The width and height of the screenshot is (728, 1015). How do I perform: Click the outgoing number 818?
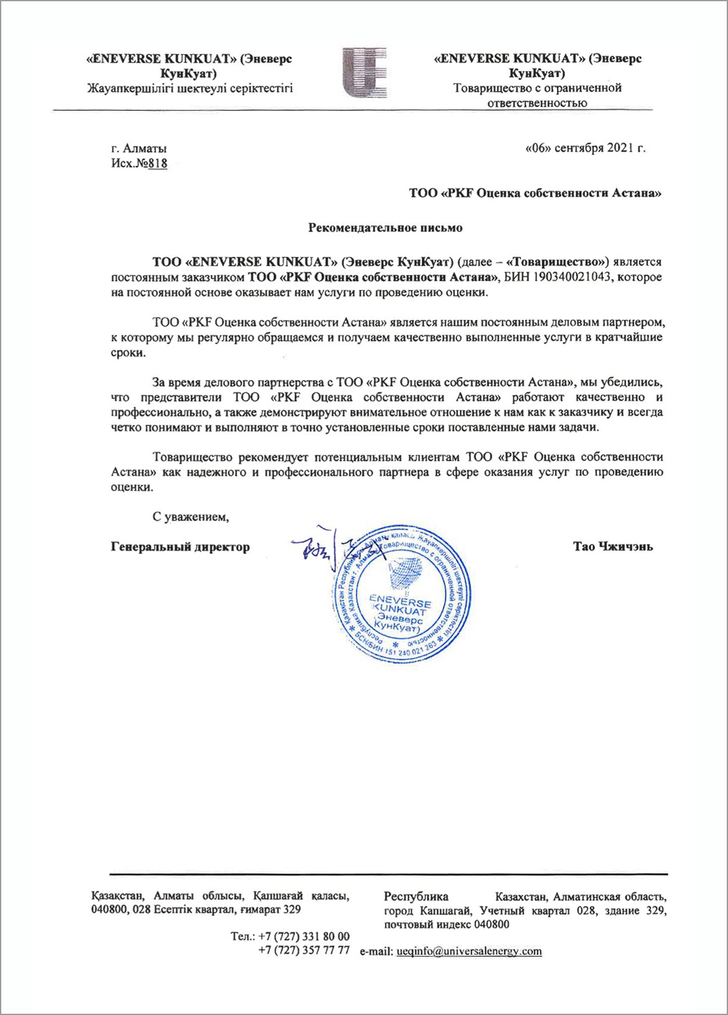click(x=159, y=164)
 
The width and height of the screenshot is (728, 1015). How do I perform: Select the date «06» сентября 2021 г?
click(x=585, y=148)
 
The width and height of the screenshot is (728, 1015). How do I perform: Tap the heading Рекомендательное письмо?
click(x=385, y=228)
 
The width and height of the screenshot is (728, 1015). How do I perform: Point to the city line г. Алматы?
click(x=139, y=148)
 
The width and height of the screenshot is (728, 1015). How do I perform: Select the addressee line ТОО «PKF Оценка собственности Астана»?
click(x=535, y=194)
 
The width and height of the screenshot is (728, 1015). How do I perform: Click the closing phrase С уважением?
click(x=191, y=516)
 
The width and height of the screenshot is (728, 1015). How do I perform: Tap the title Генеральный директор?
click(x=180, y=547)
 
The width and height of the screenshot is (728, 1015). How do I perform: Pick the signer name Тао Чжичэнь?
click(x=613, y=547)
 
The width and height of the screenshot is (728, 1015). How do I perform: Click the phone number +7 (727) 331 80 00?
click(x=304, y=937)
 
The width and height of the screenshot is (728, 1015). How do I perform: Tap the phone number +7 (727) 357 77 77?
click(x=304, y=951)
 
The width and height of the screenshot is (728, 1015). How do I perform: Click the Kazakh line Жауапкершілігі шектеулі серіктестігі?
click(x=190, y=88)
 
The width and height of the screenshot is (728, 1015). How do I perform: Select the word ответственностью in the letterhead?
click(x=537, y=103)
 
